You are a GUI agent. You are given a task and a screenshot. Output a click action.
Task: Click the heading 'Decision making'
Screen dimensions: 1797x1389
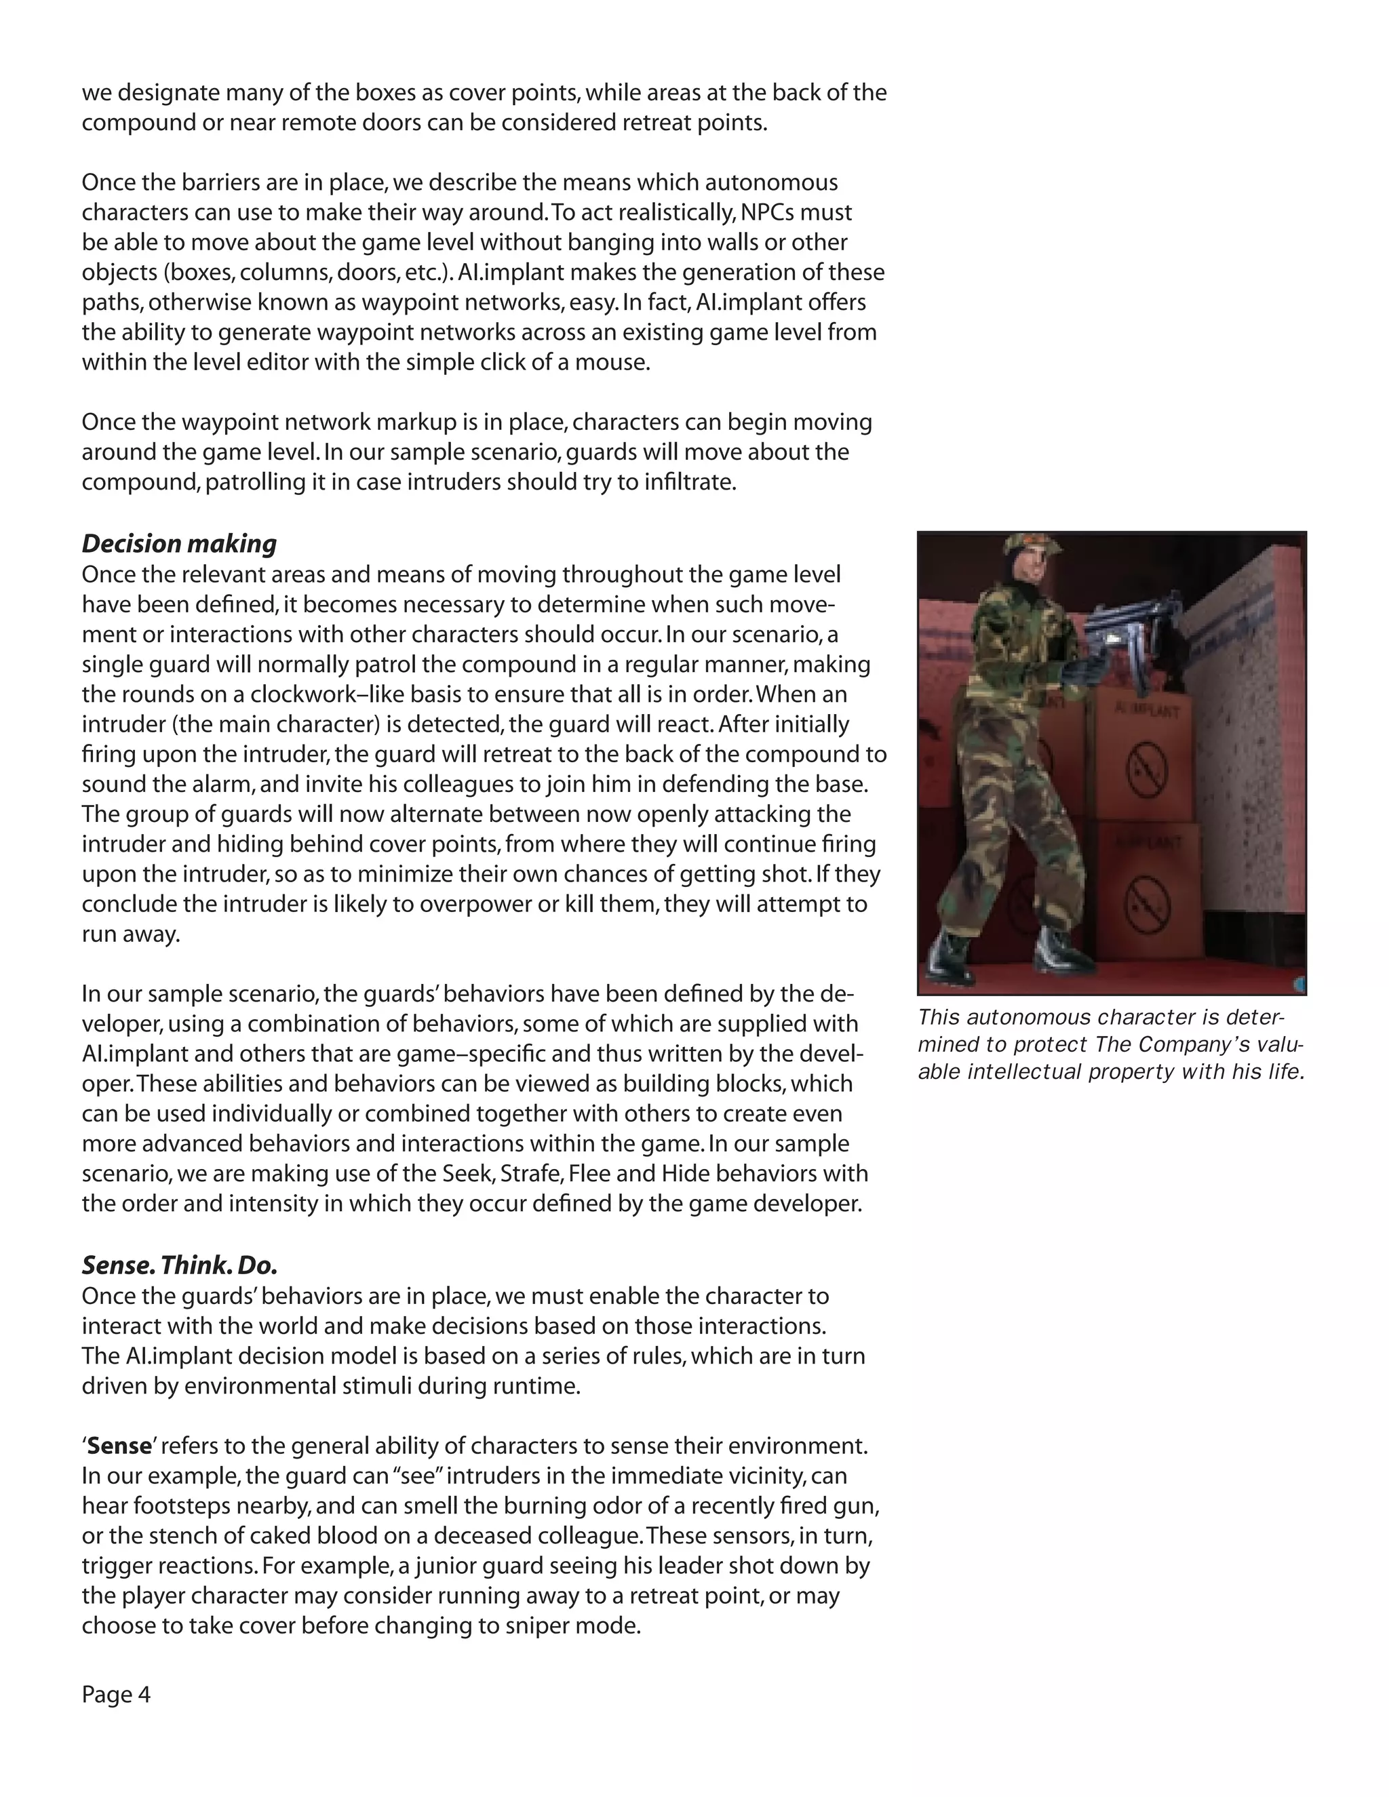pos(178,544)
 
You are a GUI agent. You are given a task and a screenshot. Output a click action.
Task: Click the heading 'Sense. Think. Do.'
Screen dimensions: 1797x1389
pos(179,1265)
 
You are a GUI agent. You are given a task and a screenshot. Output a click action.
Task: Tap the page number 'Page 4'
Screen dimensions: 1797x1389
pos(116,1695)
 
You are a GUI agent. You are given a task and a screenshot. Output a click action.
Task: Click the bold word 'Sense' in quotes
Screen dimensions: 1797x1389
pos(119,1446)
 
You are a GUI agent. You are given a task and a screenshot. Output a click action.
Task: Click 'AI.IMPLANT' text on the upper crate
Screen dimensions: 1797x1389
pos(1146,710)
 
